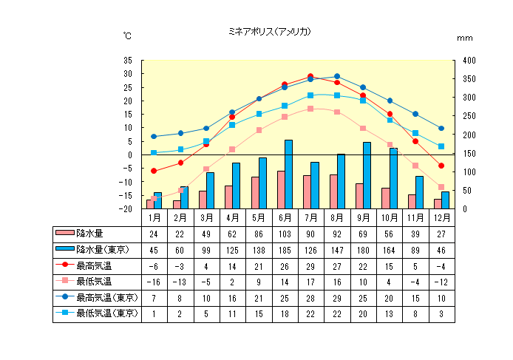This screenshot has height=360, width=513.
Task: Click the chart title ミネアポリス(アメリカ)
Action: tap(269, 32)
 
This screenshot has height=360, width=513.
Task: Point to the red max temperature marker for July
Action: tap(310, 76)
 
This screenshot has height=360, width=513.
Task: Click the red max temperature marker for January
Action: tap(154, 171)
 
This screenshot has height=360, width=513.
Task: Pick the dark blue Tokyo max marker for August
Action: tap(337, 76)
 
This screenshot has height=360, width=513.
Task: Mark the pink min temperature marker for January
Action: tap(154, 198)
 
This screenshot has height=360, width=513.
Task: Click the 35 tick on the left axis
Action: tap(128, 61)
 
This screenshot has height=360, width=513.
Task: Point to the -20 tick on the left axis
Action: tap(126, 209)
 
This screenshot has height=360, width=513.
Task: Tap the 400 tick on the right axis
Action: tap(470, 61)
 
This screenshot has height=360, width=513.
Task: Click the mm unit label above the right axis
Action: tap(464, 38)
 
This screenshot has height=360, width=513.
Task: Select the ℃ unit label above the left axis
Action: tap(128, 35)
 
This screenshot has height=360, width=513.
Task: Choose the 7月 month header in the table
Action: tap(310, 218)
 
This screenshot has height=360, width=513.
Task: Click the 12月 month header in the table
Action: tap(441, 218)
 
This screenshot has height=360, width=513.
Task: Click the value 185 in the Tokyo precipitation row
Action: tap(285, 250)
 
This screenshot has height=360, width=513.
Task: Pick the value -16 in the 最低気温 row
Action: tap(154, 282)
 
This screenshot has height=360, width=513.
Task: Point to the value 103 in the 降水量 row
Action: tap(285, 234)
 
